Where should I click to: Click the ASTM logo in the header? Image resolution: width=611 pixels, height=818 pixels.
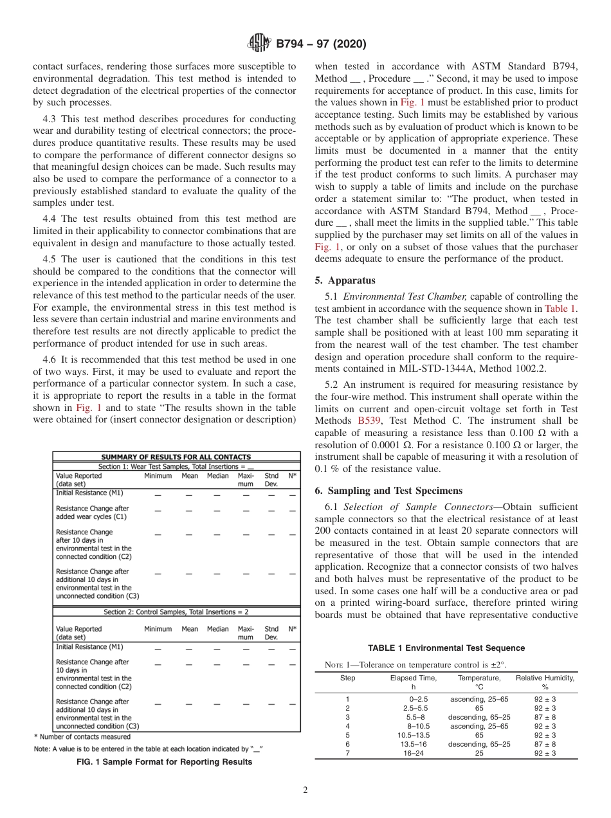(x=260, y=44)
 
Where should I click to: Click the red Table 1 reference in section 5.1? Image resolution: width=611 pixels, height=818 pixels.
(x=561, y=308)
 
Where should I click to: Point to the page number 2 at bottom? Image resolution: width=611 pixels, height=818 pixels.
(x=305, y=790)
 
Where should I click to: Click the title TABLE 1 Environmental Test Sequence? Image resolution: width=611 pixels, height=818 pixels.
(x=446, y=648)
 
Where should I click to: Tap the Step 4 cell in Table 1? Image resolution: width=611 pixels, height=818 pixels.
(x=347, y=725)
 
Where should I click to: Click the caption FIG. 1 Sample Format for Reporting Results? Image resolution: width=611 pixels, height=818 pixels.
(x=164, y=762)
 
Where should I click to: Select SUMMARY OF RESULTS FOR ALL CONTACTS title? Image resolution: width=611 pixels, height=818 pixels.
(x=176, y=457)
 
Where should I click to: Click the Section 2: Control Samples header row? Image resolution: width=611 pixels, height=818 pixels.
(x=176, y=612)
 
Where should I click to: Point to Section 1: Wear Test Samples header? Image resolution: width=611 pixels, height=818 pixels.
(x=176, y=466)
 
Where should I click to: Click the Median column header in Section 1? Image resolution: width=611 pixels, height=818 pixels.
(x=217, y=476)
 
